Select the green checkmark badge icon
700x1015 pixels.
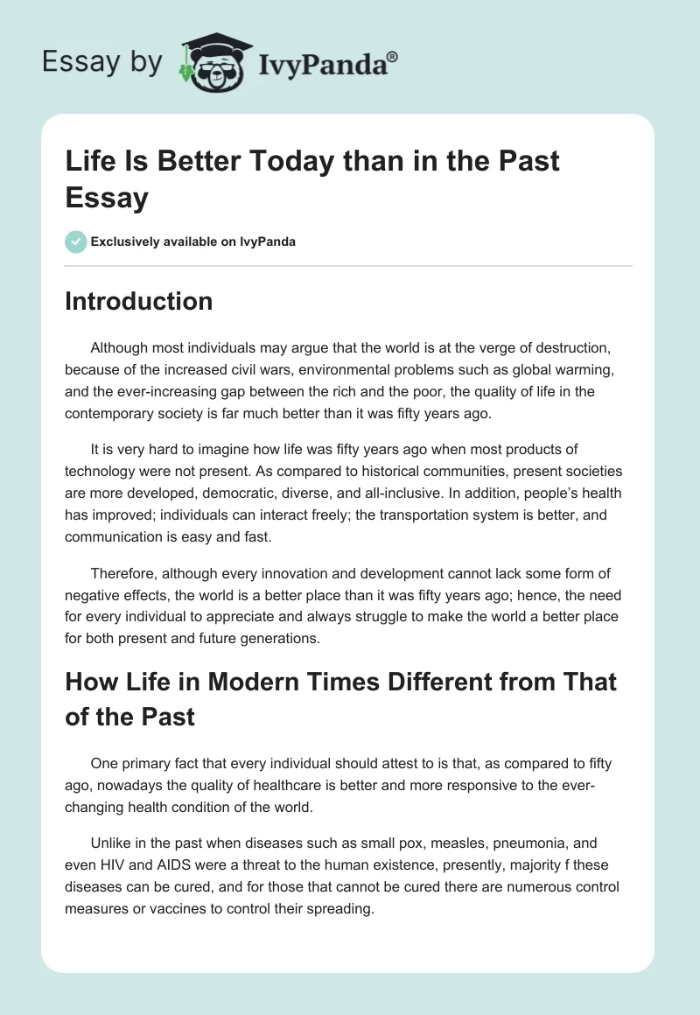click(x=76, y=241)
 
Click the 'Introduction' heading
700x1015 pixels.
click(x=138, y=302)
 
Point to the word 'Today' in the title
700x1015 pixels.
click(x=283, y=163)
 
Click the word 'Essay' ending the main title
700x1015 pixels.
click(x=106, y=197)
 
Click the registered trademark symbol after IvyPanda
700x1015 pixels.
click(x=393, y=56)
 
